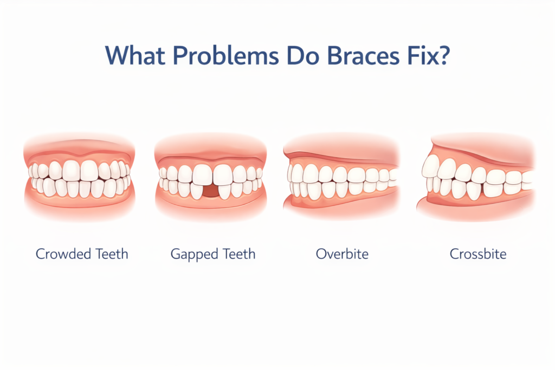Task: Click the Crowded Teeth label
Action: click(x=82, y=254)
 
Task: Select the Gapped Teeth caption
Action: click(x=212, y=254)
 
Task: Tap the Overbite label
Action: click(x=343, y=254)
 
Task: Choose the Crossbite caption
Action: click(x=478, y=254)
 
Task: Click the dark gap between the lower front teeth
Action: click(x=213, y=191)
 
